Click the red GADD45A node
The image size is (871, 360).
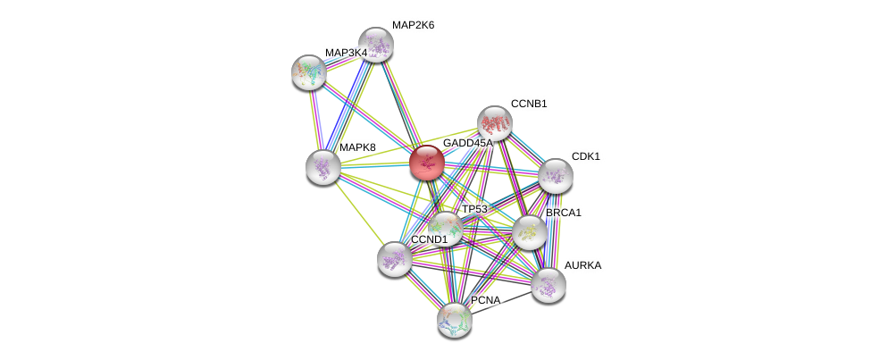426,163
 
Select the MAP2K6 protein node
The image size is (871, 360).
376,44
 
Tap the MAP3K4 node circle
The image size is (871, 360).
308,72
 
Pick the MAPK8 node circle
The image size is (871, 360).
322,166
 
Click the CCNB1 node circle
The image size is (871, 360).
494,123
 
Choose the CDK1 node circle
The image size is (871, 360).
555,175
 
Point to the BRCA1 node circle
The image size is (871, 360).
530,232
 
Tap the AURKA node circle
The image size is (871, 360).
548,285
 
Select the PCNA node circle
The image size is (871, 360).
455,319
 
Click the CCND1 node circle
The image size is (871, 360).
394,259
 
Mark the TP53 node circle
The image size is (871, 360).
445,228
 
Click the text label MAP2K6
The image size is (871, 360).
413,25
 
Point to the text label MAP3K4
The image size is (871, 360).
346,53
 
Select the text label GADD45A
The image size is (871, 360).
468,143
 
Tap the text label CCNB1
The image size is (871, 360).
529,104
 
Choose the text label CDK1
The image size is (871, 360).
586,156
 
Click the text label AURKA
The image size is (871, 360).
582,265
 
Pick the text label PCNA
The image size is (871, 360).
486,300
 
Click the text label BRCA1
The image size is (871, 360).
564,213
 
